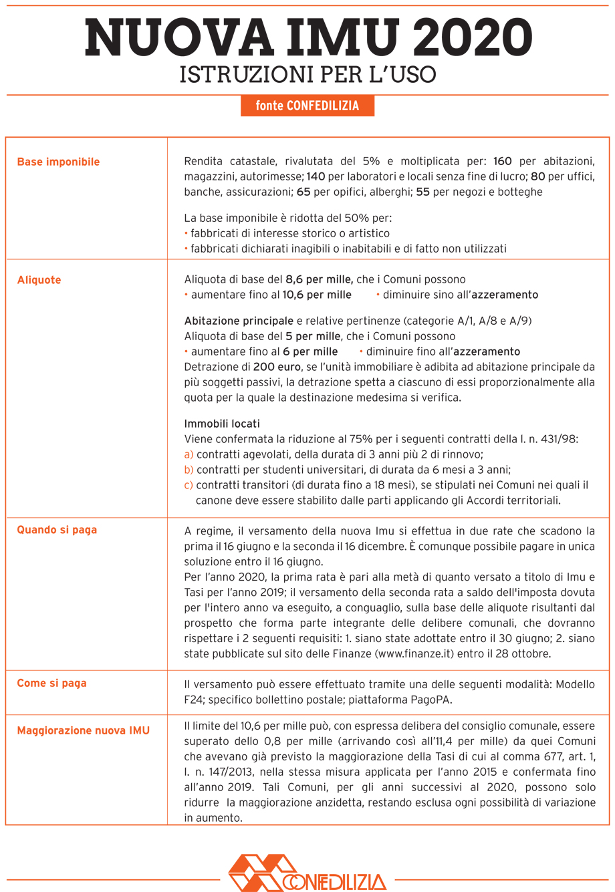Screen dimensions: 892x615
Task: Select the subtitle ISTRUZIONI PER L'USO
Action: (307, 74)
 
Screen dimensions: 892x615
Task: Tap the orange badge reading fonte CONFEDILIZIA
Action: (307, 106)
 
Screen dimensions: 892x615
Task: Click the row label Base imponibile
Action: (58, 162)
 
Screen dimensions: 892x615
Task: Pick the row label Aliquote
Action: (39, 280)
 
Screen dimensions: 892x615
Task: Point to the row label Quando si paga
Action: (57, 530)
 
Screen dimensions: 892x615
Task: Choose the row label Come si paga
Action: (51, 683)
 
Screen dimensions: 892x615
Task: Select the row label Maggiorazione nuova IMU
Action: (83, 730)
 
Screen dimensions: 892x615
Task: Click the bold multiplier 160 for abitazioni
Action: (502, 162)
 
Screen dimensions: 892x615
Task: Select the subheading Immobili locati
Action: (221, 424)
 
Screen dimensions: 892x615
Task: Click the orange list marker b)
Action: (189, 469)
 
